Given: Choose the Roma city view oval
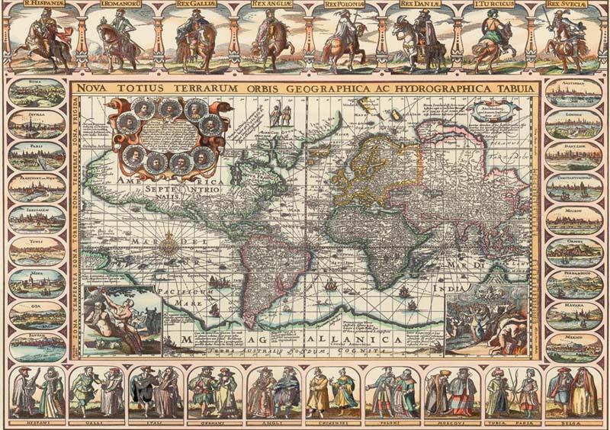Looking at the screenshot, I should (37, 92).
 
